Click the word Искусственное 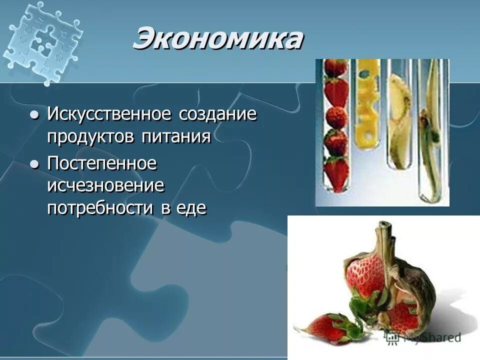[x=110, y=113]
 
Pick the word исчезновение [x=105, y=185]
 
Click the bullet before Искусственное [x=34, y=114]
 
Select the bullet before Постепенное [x=34, y=164]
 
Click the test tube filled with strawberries [x=336, y=127]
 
